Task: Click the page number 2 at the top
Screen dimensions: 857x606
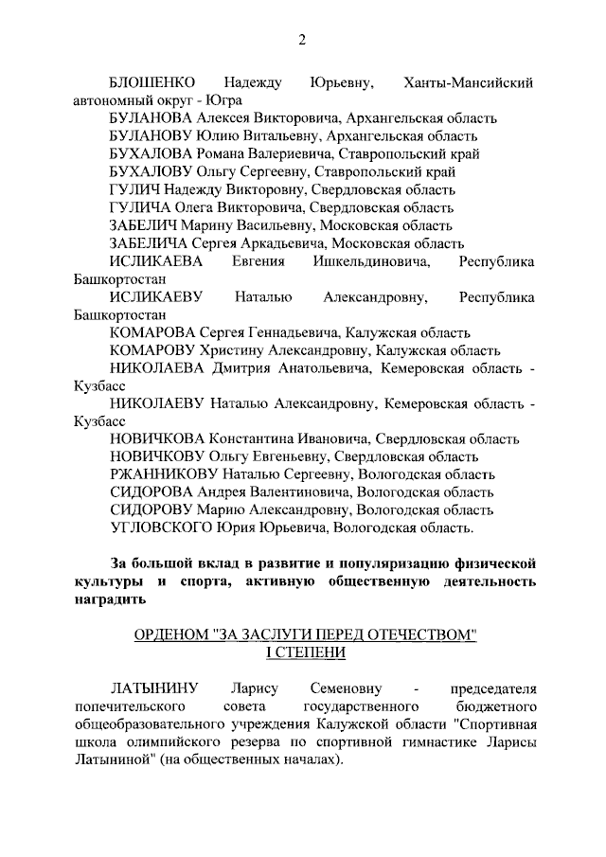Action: [x=302, y=39]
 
